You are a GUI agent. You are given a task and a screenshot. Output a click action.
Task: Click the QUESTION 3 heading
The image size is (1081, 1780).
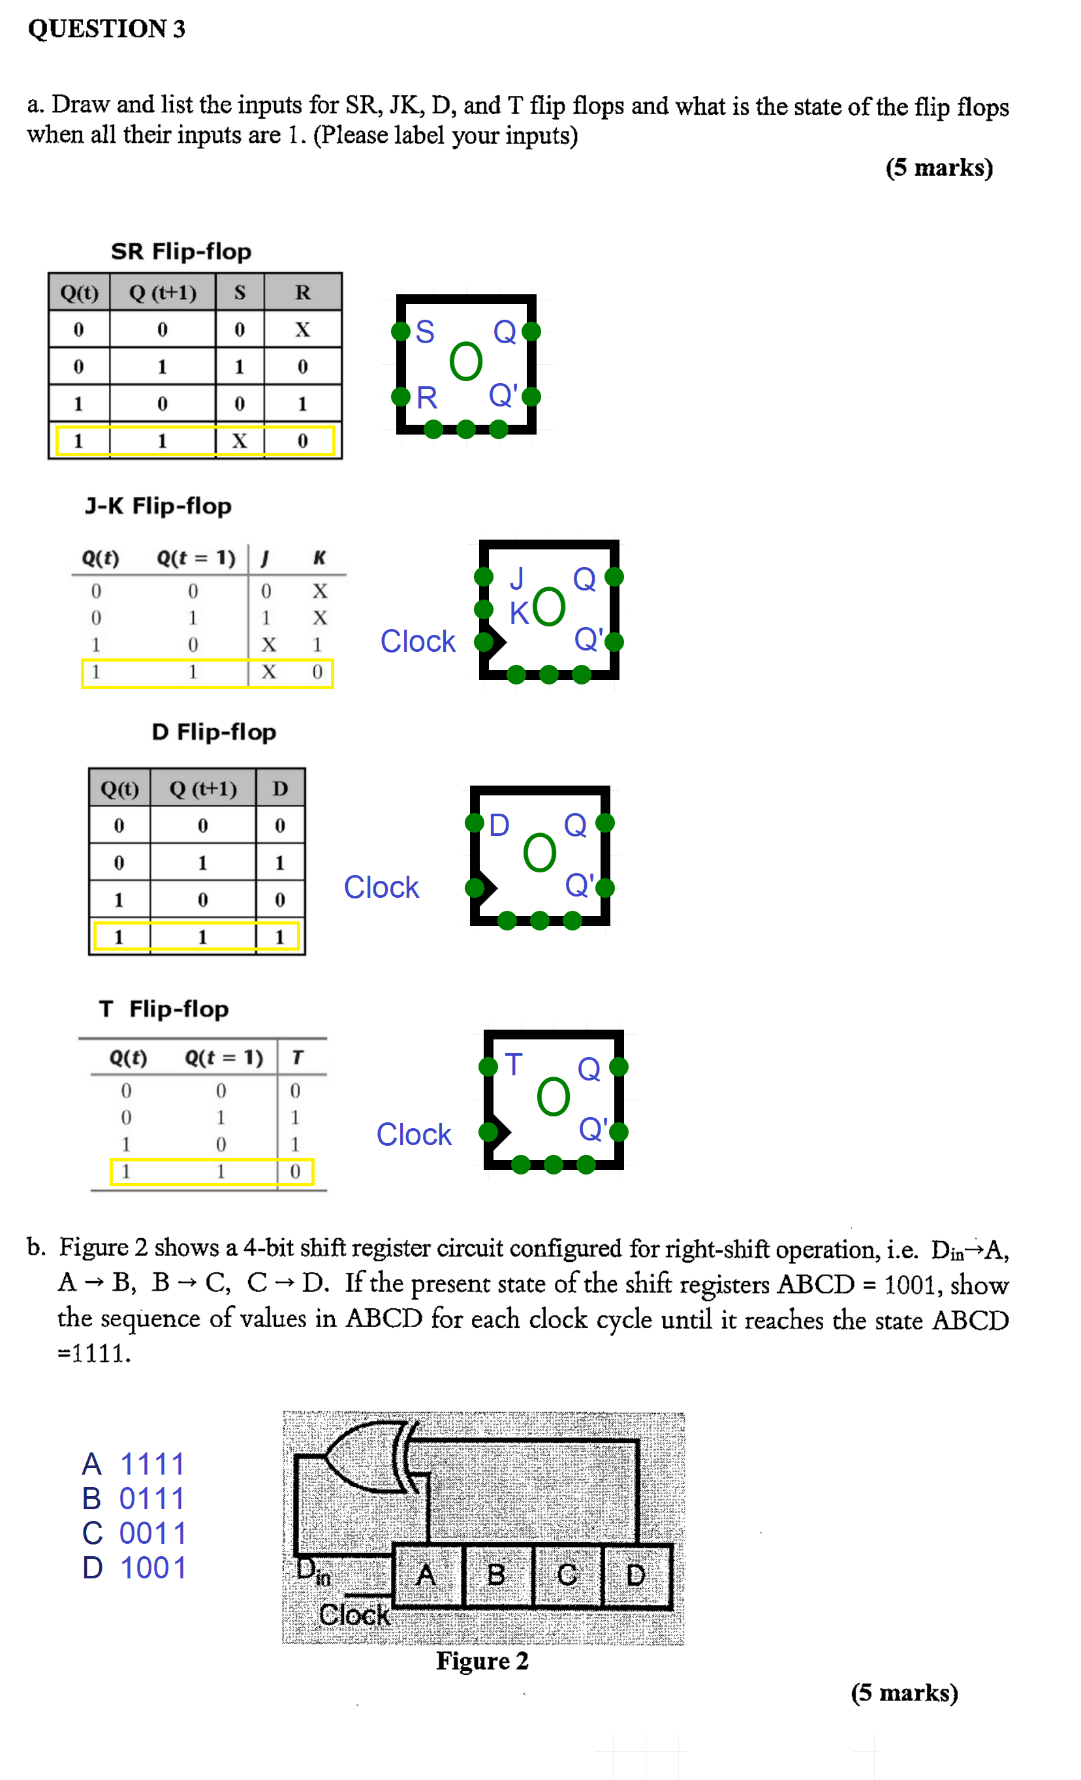pyautogui.click(x=106, y=29)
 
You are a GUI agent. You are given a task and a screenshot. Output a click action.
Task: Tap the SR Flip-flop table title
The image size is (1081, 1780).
pyautogui.click(x=181, y=251)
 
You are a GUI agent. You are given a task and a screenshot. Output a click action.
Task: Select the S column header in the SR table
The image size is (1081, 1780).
pyautogui.click(x=239, y=292)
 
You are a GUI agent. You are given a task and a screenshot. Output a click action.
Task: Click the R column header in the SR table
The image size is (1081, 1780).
pyautogui.click(x=302, y=292)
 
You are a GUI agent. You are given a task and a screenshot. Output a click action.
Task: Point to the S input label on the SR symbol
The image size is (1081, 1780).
pyautogui.click(x=425, y=332)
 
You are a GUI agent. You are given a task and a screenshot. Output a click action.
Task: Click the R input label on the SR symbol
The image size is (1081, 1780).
pyautogui.click(x=426, y=398)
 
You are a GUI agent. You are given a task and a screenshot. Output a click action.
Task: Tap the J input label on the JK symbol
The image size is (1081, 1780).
pyautogui.click(x=516, y=579)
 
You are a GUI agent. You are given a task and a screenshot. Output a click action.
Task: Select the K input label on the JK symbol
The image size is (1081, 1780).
pyautogui.click(x=519, y=613)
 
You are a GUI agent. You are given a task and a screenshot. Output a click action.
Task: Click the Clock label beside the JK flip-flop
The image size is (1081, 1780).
pyautogui.click(x=418, y=641)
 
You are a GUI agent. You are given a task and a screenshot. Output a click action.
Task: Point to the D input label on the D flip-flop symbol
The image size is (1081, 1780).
pyautogui.click(x=499, y=825)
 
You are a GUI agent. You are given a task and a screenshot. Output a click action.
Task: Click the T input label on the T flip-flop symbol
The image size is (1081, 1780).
pyautogui.click(x=513, y=1065)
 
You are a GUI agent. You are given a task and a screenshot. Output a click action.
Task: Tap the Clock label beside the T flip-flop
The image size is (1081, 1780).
pyautogui.click(x=413, y=1135)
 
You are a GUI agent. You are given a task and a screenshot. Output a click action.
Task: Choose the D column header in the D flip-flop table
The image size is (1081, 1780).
pyautogui.click(x=279, y=788)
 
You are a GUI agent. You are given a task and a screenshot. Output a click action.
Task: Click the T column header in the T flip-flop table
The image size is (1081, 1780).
pyautogui.click(x=296, y=1058)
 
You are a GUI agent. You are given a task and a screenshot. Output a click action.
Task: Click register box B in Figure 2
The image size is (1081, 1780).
pyautogui.click(x=496, y=1575)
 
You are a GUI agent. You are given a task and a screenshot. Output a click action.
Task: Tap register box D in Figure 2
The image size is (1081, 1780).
pyautogui.click(x=636, y=1575)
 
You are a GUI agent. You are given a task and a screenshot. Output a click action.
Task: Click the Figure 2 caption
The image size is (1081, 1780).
pyautogui.click(x=482, y=1661)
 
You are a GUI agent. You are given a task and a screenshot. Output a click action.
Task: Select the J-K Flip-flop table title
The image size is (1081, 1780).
pyautogui.click(x=158, y=506)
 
